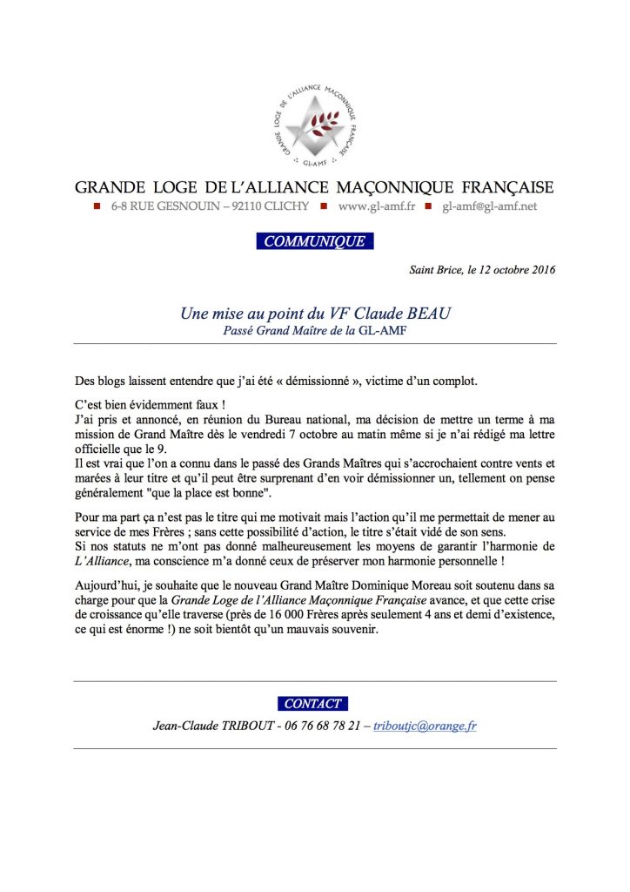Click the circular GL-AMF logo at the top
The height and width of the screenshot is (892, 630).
click(x=315, y=124)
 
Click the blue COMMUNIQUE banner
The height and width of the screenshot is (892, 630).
click(x=315, y=241)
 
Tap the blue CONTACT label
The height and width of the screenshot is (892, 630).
click(x=314, y=703)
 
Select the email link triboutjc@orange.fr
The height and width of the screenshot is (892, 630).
click(x=425, y=726)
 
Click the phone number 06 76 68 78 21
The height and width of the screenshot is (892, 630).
click(x=322, y=726)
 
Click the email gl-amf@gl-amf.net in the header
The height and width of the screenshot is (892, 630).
click(x=490, y=206)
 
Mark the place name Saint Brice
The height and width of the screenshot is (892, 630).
click(x=435, y=270)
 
